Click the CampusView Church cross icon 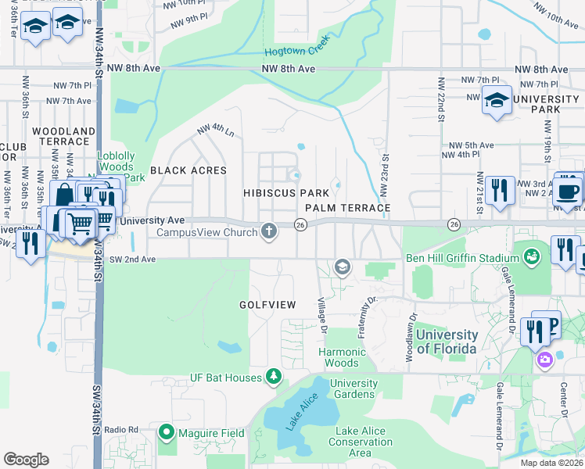point(269,231)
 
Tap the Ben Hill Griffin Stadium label point(462,258)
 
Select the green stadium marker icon point(532,256)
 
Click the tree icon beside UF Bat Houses point(274,378)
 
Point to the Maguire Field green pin point(166,431)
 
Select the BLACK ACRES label point(188,170)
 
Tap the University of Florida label point(446,342)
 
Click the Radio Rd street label point(121,430)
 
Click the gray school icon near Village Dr point(342,267)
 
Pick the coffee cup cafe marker point(568,189)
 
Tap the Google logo point(26,459)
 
